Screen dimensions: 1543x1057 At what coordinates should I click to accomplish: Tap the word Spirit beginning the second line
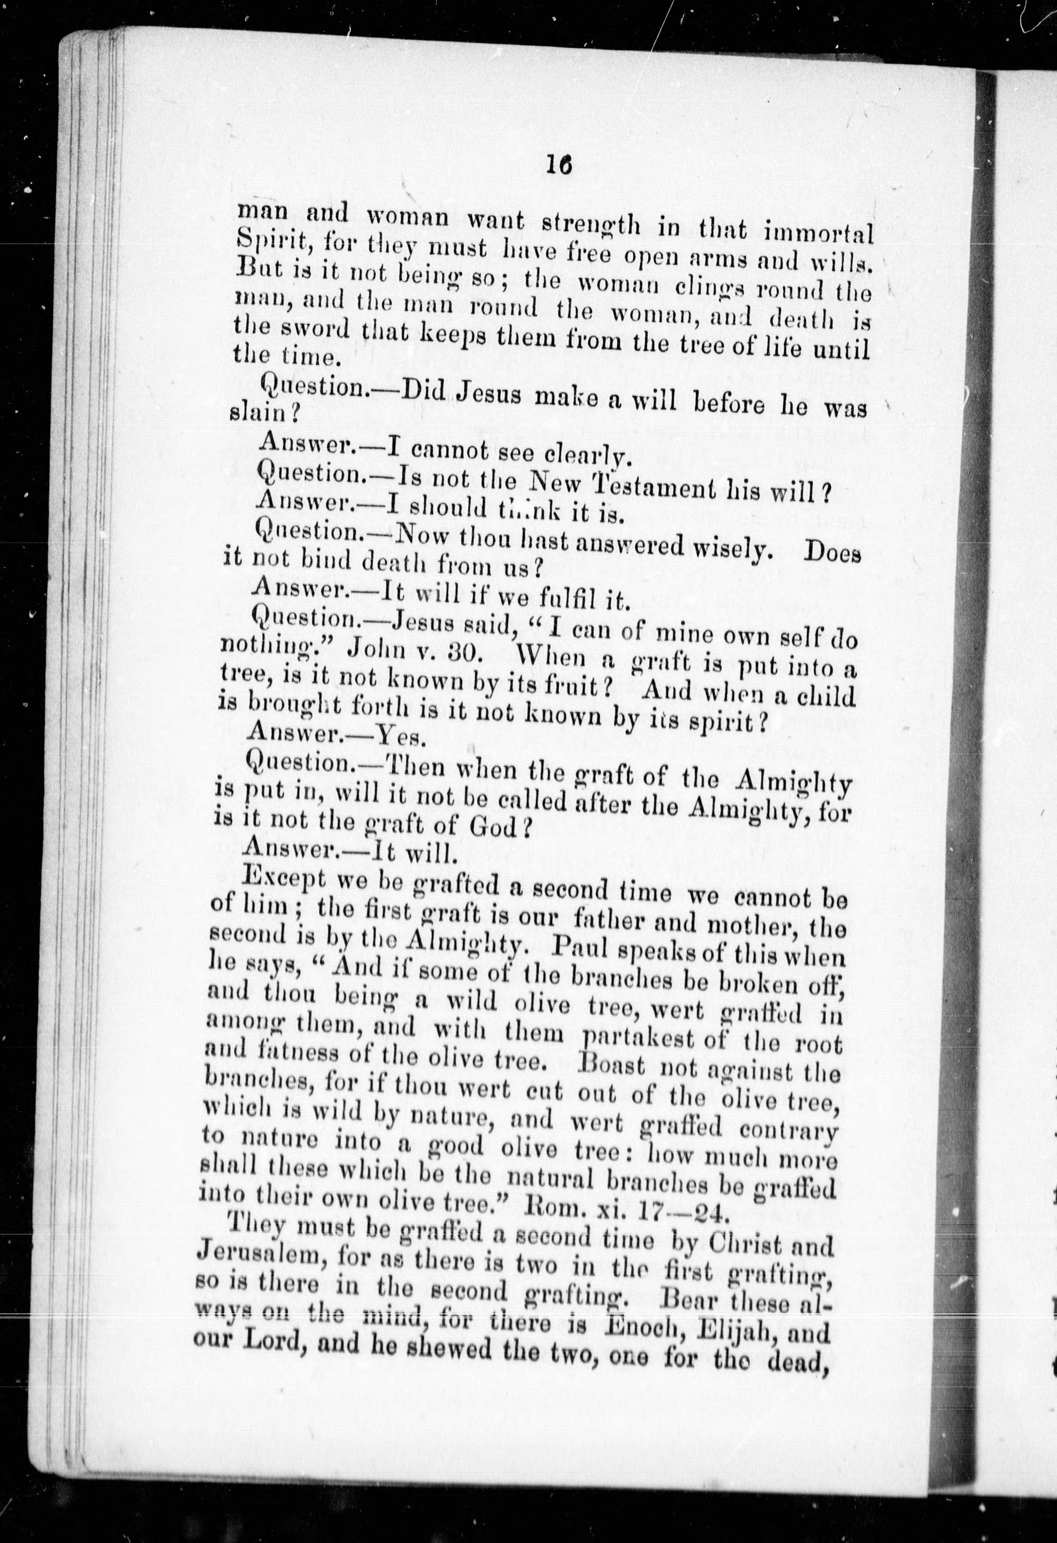pos(270,244)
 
